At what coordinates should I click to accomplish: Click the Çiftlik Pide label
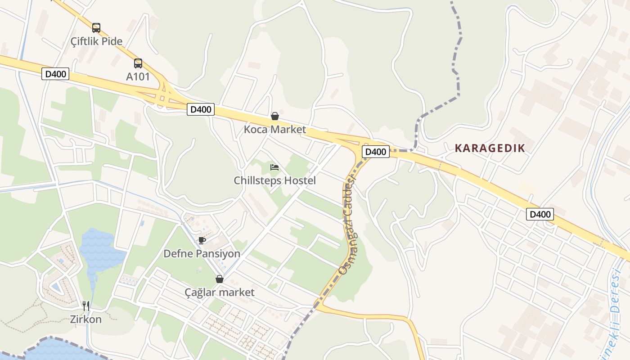96,41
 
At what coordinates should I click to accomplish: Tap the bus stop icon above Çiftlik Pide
96,27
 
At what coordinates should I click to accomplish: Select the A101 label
138,76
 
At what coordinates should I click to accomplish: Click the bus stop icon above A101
138,63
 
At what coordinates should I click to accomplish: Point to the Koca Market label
274,130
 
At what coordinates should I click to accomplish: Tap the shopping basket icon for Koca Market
274,116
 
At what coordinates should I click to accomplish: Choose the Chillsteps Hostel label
274,181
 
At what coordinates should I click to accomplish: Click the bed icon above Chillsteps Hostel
274,167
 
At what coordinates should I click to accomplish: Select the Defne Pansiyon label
202,254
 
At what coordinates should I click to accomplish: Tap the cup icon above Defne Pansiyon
202,240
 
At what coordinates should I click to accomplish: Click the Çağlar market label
220,292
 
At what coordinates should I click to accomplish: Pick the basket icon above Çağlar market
220,279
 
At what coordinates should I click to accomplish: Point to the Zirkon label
85,319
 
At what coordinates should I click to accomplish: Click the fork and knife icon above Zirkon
86,306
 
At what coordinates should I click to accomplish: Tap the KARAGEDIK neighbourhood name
490,148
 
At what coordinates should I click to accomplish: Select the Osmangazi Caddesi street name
348,225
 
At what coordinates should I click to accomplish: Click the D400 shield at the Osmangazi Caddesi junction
375,152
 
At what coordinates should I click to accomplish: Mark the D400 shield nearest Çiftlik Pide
55,74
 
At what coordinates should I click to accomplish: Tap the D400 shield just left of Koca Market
201,109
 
